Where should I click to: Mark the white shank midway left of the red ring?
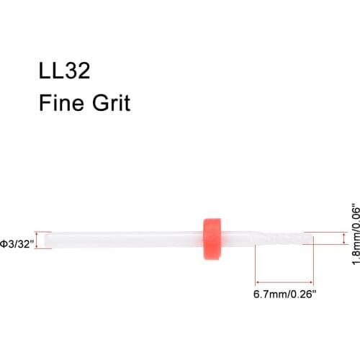(x=122, y=239)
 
